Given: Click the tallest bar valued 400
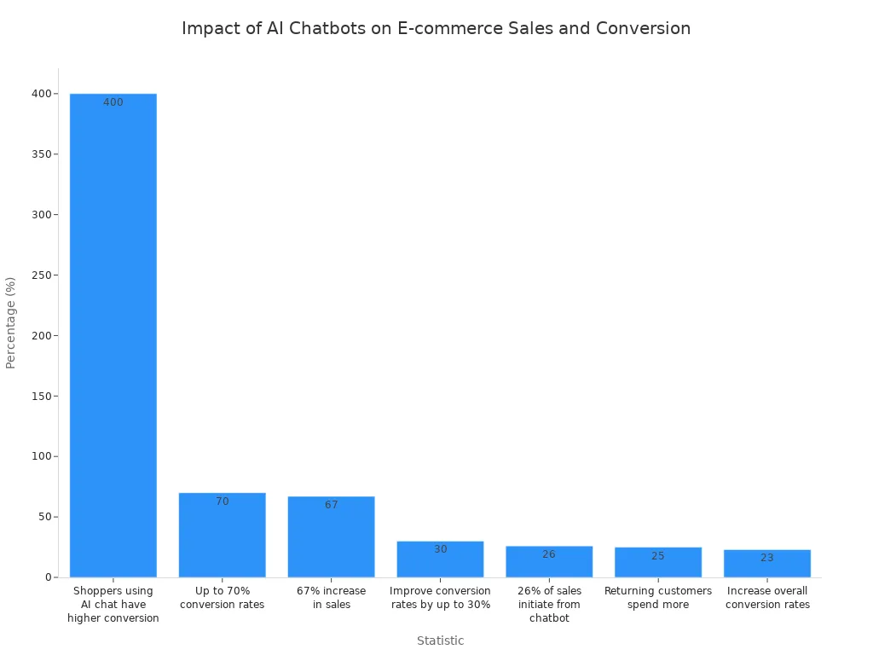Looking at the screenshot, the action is (113, 335).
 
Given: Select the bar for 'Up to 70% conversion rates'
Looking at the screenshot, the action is (223, 536).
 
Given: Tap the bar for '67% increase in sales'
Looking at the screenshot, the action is (332, 537).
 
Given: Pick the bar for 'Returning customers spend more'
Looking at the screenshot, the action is (658, 563).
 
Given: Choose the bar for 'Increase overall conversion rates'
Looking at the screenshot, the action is (767, 564).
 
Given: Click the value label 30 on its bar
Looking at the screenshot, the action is (441, 549).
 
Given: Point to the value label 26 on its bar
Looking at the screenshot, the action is (549, 554).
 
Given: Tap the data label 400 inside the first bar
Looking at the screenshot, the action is (113, 102).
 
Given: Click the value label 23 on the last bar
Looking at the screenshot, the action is (767, 558).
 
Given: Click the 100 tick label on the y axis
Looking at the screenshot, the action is (42, 456).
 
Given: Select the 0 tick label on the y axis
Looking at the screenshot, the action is (49, 577).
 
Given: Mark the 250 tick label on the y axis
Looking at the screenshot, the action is (42, 275).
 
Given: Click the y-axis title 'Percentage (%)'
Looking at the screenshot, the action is (10, 323).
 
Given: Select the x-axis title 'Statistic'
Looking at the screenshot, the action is (441, 641).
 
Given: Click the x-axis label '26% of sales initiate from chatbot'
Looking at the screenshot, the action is (549, 605).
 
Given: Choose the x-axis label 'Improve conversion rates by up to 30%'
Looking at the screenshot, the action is (441, 598).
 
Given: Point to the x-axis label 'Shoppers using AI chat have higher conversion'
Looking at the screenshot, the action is (113, 605).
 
